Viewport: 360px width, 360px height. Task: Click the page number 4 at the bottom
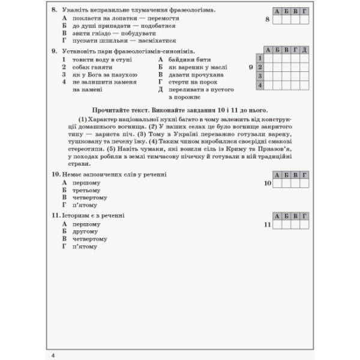pos(53,340)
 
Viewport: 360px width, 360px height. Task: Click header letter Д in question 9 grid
pos(304,49)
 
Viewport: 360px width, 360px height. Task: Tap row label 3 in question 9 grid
pos(260,76)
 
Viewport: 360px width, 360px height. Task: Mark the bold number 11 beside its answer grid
pos(268,224)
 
